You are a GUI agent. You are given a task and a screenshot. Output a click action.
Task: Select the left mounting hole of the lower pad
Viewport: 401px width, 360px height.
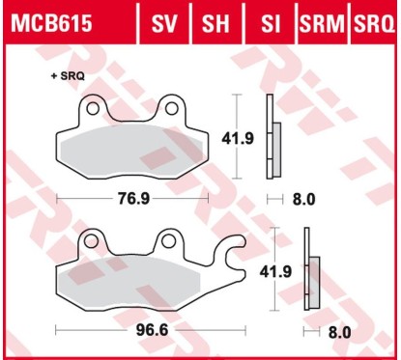pyautogui.click(x=94, y=238)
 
